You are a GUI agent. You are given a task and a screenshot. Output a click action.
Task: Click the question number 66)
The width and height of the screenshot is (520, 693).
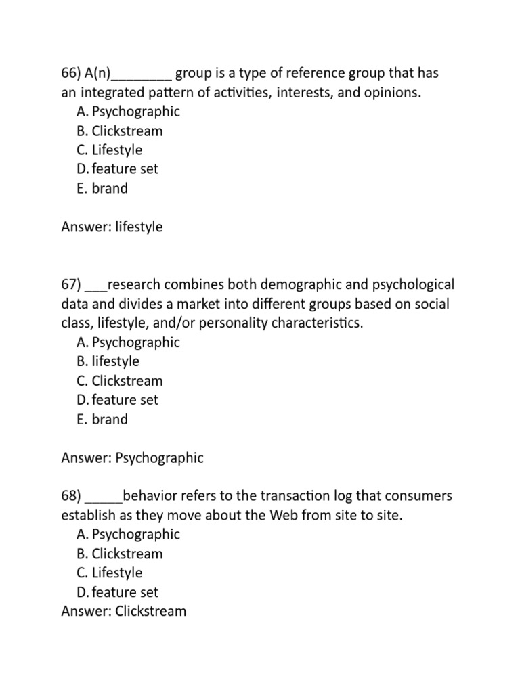[x=71, y=73]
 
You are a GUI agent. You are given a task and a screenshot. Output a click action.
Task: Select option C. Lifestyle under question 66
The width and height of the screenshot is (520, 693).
[x=109, y=150]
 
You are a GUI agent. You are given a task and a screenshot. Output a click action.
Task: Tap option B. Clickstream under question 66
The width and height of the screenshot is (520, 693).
[x=119, y=131]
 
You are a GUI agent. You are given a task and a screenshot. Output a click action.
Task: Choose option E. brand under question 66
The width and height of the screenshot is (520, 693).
[x=102, y=188]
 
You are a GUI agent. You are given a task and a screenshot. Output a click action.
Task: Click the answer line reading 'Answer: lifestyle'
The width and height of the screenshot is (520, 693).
[x=112, y=227]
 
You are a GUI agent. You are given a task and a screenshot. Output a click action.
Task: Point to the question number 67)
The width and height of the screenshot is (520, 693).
[x=71, y=285]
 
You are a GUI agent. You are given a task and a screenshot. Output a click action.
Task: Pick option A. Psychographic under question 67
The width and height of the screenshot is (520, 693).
[x=128, y=342]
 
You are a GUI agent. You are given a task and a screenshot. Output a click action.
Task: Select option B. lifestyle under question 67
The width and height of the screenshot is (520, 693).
[x=108, y=361]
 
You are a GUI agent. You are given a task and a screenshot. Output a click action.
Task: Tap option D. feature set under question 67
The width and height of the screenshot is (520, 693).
[x=117, y=400]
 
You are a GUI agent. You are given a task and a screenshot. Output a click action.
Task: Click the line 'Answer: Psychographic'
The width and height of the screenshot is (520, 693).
[x=132, y=458]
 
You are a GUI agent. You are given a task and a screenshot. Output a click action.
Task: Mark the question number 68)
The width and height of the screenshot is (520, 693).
[x=71, y=497]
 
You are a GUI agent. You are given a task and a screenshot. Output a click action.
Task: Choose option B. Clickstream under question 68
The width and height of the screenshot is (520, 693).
[x=119, y=554]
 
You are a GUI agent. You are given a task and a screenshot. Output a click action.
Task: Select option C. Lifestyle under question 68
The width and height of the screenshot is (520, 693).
[x=109, y=573]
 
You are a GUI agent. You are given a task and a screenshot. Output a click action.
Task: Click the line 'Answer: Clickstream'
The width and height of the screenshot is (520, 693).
[x=123, y=611]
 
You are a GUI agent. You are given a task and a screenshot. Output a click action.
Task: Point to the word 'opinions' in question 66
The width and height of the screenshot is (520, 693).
[x=391, y=93]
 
